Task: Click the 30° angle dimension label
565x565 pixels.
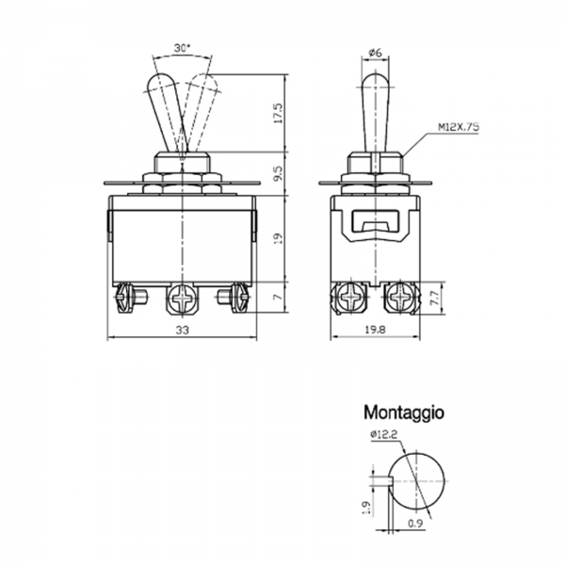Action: click(182, 48)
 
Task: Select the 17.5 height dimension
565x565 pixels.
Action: click(279, 114)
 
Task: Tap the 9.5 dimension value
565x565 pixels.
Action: click(279, 174)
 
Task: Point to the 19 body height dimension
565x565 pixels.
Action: click(279, 238)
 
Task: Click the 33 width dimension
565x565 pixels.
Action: click(183, 330)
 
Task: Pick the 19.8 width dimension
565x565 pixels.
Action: click(375, 330)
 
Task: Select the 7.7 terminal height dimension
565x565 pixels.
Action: click(435, 299)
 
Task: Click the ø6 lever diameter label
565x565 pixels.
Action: click(375, 53)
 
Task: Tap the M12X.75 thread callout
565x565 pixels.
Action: click(459, 127)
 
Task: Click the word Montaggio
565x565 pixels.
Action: click(404, 412)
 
